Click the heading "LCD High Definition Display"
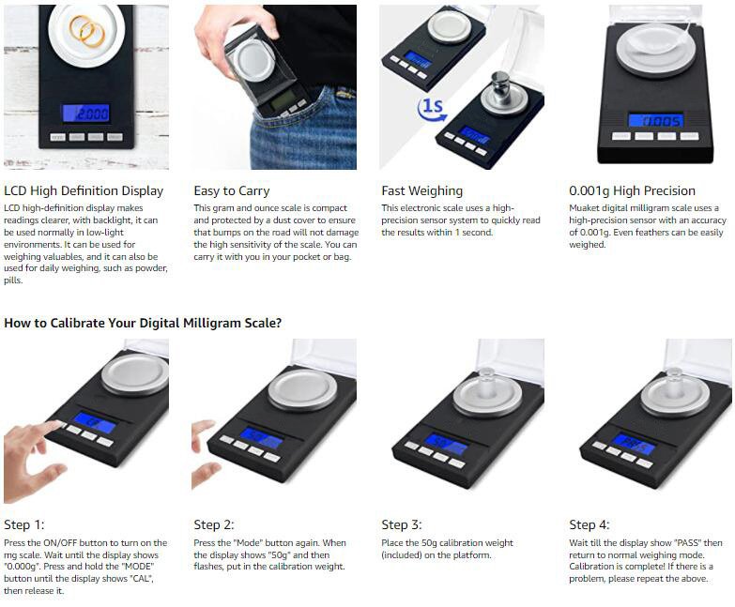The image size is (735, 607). (x=84, y=191)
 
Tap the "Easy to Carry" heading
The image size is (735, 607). (x=232, y=191)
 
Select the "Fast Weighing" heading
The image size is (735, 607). (x=421, y=191)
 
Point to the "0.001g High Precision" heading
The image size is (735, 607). (x=632, y=190)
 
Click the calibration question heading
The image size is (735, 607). (x=143, y=323)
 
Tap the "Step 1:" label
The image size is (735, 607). (x=23, y=524)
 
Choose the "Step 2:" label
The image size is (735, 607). (x=214, y=524)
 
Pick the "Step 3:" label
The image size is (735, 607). (x=402, y=524)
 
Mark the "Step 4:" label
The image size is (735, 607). (x=590, y=524)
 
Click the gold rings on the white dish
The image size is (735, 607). (x=87, y=31)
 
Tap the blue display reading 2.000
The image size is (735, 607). (x=86, y=114)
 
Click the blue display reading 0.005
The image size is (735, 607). (x=656, y=121)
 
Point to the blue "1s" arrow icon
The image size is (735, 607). (x=431, y=109)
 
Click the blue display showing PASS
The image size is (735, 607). (x=633, y=444)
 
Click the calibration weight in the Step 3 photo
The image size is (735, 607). (x=487, y=384)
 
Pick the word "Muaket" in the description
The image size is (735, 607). (x=583, y=208)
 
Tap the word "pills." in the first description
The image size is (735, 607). (x=13, y=281)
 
